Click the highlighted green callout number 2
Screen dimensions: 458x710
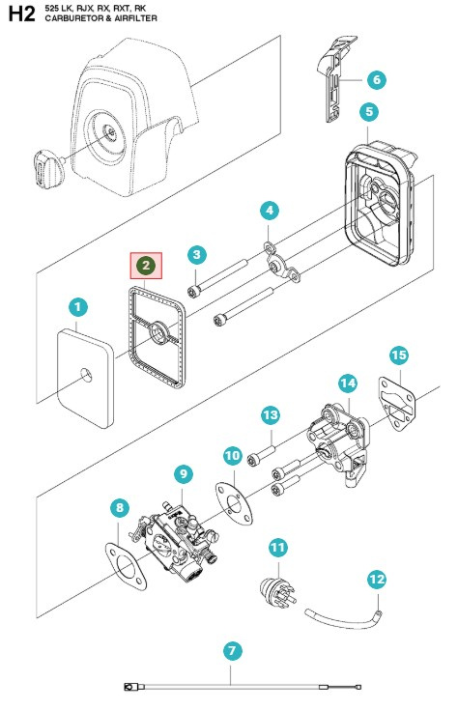146,266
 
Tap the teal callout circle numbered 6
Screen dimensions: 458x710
377,80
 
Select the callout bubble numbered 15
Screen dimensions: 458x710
399,355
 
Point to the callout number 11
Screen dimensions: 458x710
277,548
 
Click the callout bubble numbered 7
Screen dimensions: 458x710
233,651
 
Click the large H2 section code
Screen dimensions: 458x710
21,14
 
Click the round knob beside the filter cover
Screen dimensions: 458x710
47,167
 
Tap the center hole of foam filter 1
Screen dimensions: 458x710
86,376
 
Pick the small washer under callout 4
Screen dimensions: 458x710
270,247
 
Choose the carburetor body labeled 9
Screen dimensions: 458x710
180,543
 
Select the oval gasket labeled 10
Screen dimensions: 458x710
234,503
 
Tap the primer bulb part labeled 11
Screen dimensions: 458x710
277,592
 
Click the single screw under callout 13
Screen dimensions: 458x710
262,455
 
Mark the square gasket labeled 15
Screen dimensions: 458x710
397,403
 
